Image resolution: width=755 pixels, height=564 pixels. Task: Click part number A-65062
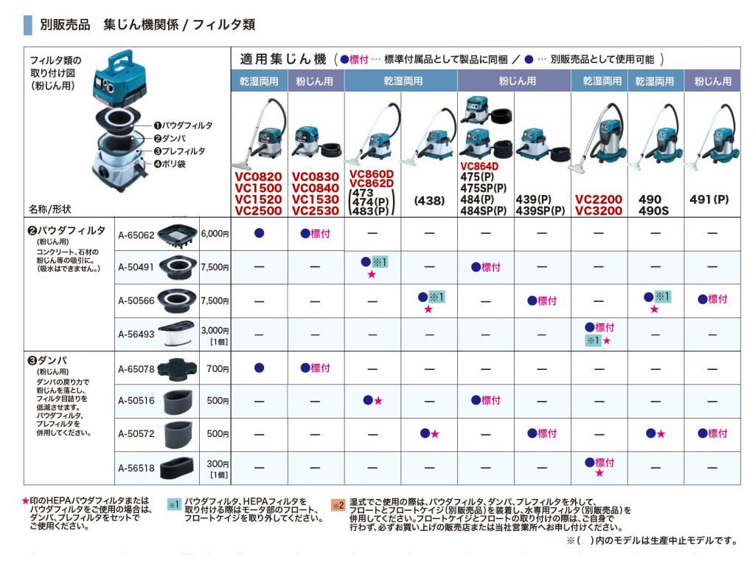[136, 235]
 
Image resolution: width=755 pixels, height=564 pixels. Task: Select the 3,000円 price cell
[215, 331]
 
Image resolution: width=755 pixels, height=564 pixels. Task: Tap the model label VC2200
[599, 199]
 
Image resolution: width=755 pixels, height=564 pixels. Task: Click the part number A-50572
[136, 435]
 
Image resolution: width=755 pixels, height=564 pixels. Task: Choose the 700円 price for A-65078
[215, 368]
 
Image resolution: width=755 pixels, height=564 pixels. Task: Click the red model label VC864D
[479, 167]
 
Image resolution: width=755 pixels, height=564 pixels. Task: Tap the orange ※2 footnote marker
[338, 506]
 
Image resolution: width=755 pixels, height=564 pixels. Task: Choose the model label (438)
[428, 199]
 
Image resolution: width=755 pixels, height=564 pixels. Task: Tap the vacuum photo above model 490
[655, 133]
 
